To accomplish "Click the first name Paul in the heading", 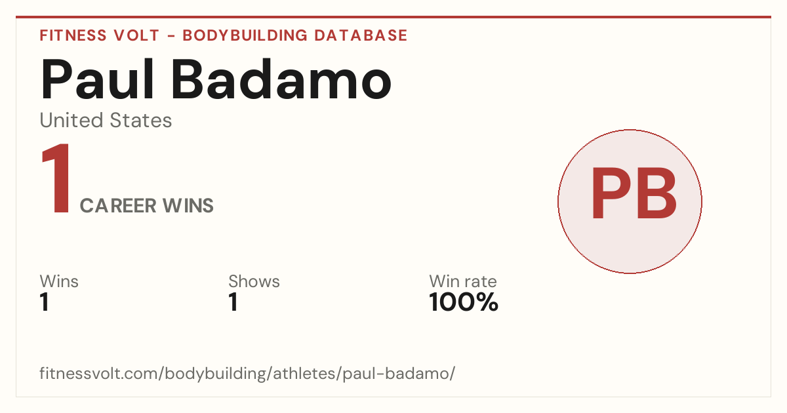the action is coord(97,79).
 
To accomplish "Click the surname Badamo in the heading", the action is coord(281,79).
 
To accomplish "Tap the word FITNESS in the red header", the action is coord(73,35).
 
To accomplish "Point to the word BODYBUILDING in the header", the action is coord(245,35).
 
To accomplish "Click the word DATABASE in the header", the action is coord(361,35).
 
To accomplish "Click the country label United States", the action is coord(106,120).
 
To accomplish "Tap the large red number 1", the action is coord(56,178).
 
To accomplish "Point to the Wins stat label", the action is coord(59,281).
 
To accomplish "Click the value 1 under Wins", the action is coord(45,302).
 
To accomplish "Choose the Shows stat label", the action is coord(254,281).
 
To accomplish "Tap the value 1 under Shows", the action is coord(233,302).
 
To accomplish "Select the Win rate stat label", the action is coord(463,281).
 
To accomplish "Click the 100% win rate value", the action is coord(464,302).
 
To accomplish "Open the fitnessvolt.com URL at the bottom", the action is coord(247,373).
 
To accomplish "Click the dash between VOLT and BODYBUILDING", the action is coord(171,35).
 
